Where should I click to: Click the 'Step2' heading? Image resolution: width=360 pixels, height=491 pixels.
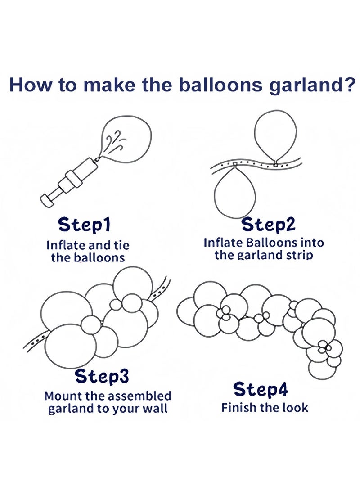(x=269, y=224)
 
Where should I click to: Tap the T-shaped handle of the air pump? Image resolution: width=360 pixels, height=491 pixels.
(x=47, y=198)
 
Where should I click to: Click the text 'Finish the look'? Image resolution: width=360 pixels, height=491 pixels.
(x=265, y=408)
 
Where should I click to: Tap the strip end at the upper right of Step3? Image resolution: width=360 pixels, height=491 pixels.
(x=163, y=284)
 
